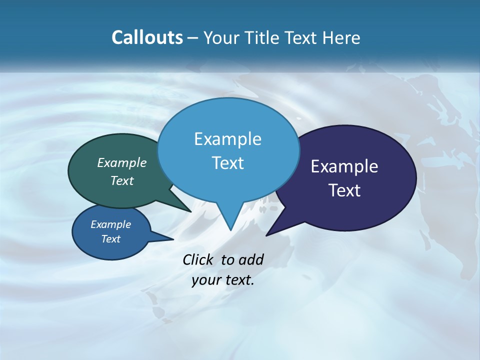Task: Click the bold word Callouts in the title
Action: pyautogui.click(x=147, y=37)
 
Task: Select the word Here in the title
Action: pyautogui.click(x=342, y=37)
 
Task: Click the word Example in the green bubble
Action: pyautogui.click(x=122, y=163)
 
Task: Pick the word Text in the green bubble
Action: pyautogui.click(x=122, y=180)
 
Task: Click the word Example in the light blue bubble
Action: pyautogui.click(x=227, y=139)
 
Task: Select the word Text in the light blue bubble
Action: pyautogui.click(x=227, y=163)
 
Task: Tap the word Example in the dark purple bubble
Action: pyautogui.click(x=344, y=166)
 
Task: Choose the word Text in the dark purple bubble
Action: pyautogui.click(x=344, y=190)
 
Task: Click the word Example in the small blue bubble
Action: pyautogui.click(x=111, y=224)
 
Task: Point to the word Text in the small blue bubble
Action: pyautogui.click(x=111, y=239)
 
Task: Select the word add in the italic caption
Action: pyautogui.click(x=250, y=259)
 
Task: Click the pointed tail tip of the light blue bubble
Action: pyautogui.click(x=230, y=230)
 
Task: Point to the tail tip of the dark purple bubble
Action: pyautogui.click(x=266, y=235)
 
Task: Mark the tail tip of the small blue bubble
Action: pyautogui.click(x=173, y=239)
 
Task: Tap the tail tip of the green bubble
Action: pyautogui.click(x=191, y=211)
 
